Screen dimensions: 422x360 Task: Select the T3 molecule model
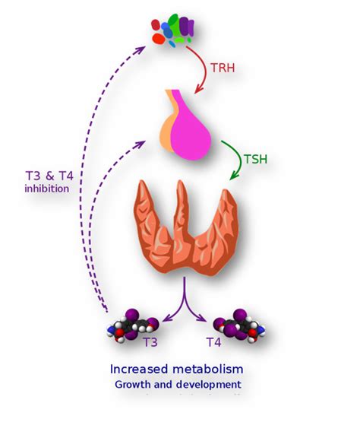(x=135, y=325)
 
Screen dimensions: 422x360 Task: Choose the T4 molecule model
(x=237, y=325)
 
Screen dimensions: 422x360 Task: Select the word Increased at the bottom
(x=141, y=369)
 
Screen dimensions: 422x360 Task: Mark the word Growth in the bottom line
(x=132, y=385)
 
